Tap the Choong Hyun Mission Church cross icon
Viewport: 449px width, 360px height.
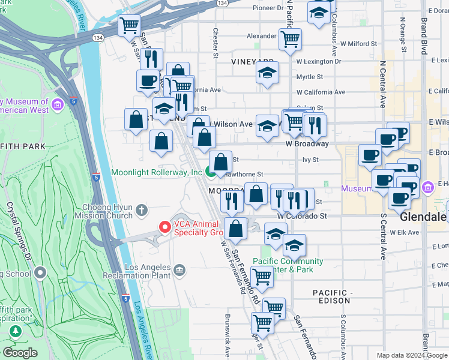(141, 210)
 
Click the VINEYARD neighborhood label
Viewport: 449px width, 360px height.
(252, 62)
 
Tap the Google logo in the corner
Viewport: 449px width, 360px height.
(20, 353)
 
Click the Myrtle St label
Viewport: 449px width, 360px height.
(310, 77)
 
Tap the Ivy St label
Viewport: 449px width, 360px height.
(310, 160)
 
